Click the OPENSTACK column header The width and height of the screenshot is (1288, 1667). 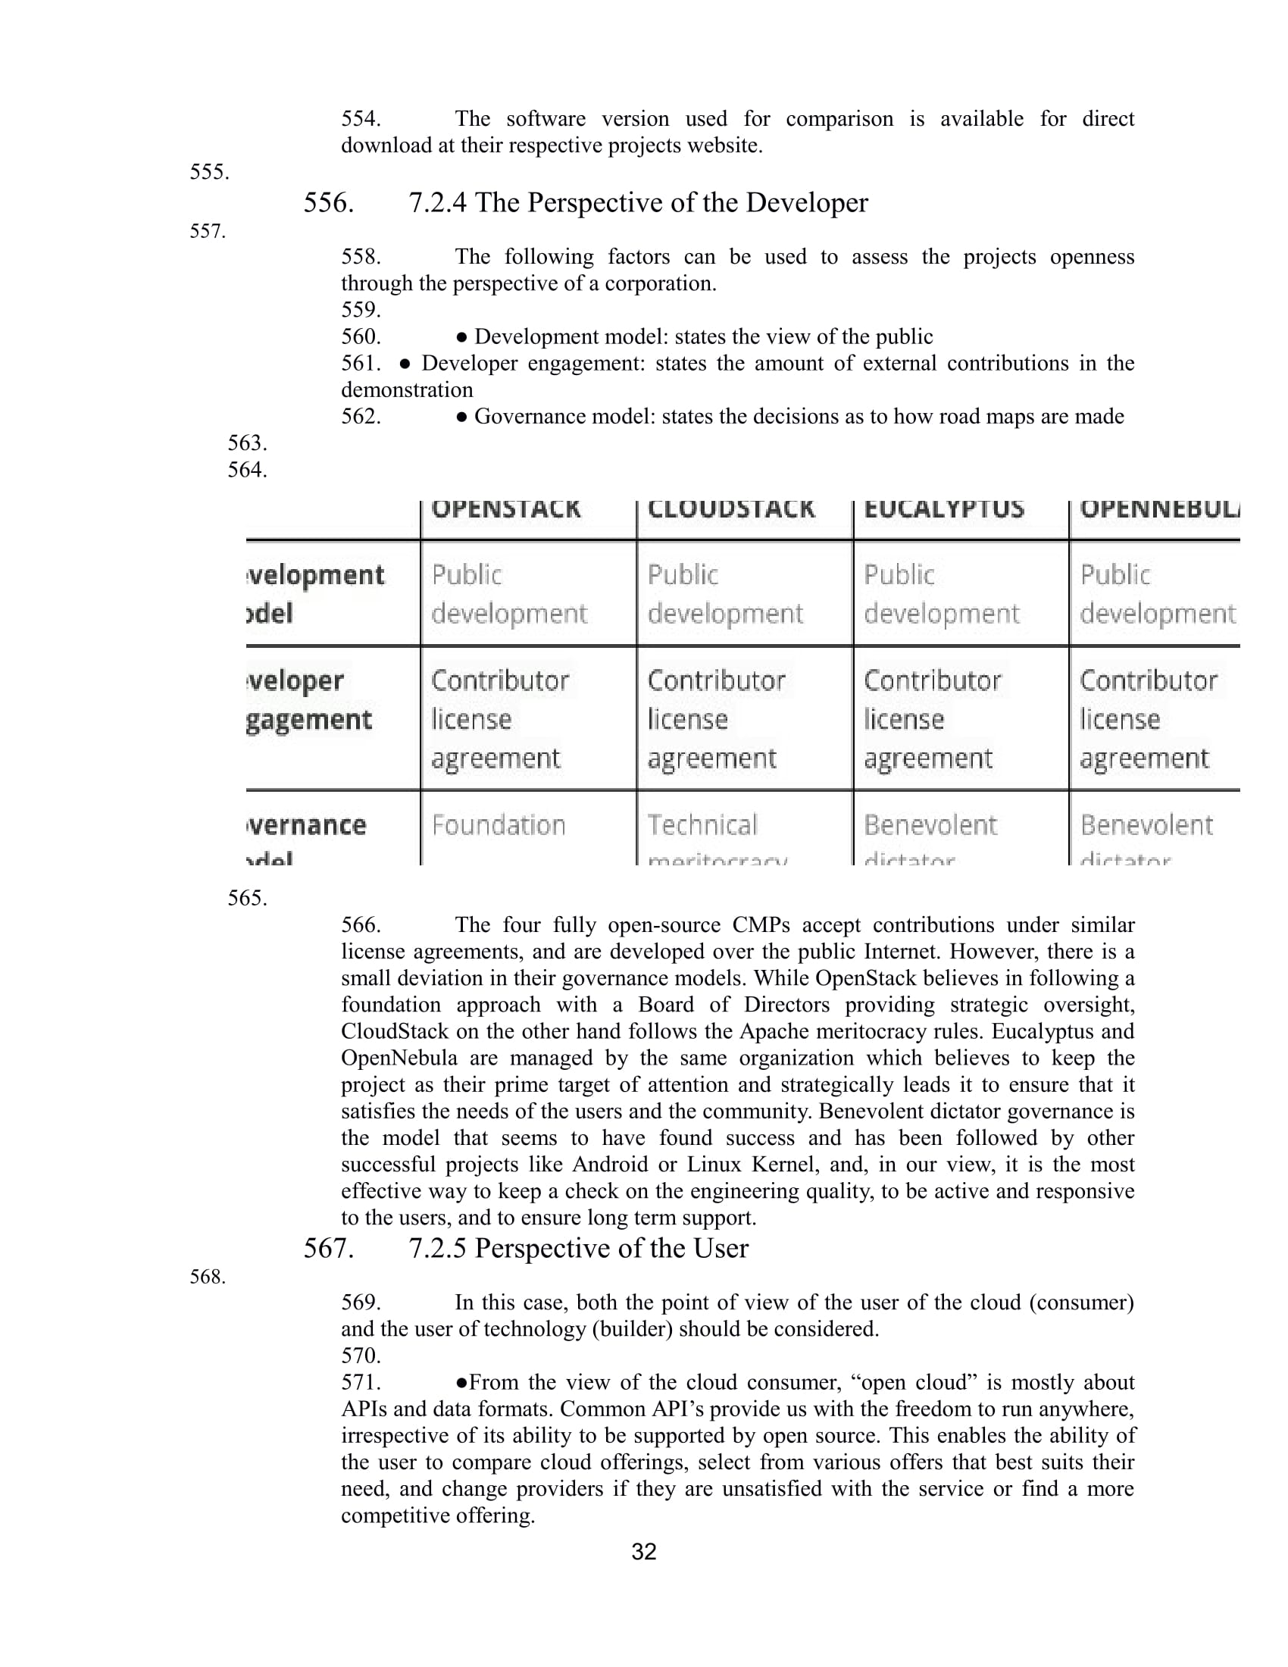coord(506,509)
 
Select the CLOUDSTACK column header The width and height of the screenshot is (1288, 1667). coord(731,509)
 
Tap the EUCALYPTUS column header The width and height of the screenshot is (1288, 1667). coord(944,509)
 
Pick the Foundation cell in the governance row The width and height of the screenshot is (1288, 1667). coord(499,825)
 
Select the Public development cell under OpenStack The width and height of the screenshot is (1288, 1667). coord(509,594)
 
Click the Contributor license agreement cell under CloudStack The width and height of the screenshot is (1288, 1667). coord(717,719)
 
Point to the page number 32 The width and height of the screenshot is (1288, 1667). coord(644,1552)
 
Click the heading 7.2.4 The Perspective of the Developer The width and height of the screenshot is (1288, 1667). coord(638,203)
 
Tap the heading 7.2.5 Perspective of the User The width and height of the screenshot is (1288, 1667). coord(578,1248)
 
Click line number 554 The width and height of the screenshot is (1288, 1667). coord(361,119)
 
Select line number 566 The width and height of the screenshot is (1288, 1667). coord(361,925)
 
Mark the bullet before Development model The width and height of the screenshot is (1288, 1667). coord(461,337)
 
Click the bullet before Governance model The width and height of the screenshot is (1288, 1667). coord(461,417)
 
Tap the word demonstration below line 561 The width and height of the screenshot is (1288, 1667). coord(407,390)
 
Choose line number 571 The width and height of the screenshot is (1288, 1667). coord(361,1382)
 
